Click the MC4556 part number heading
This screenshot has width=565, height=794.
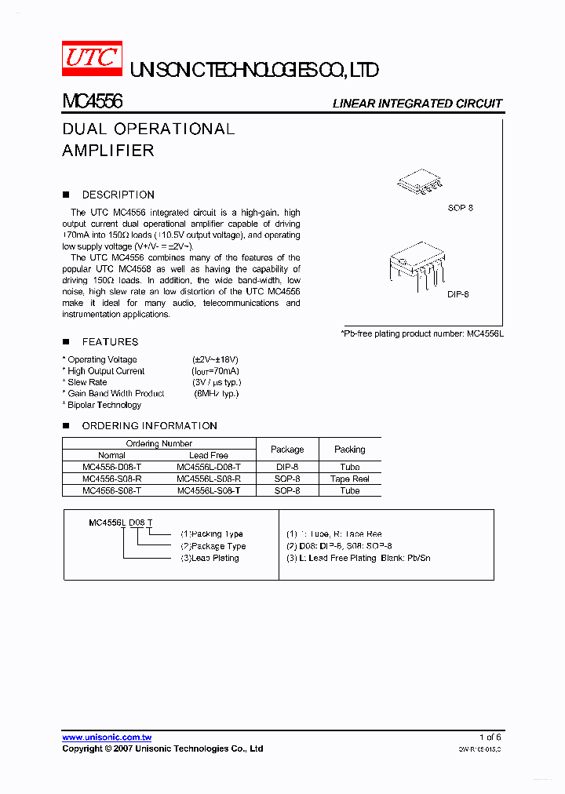pos(92,103)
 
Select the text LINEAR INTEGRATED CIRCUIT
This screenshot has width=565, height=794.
pos(417,104)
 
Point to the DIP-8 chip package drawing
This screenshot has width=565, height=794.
pos(415,264)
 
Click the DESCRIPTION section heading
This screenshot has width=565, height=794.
pos(118,195)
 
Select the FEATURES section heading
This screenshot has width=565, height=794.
pos(110,342)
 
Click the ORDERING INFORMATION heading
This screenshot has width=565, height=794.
pos(149,426)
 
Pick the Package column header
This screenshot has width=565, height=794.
pos(287,450)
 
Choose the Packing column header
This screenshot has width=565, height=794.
pos(349,450)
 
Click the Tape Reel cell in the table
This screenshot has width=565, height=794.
pos(349,479)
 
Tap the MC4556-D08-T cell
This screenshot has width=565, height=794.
pos(111,467)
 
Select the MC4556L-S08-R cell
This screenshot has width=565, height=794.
pos(209,479)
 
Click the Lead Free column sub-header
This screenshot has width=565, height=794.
pos(209,455)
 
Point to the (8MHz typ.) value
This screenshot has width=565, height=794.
pos(216,394)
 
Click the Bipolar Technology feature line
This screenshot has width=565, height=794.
pos(104,405)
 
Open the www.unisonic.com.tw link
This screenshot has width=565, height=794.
pos(107,738)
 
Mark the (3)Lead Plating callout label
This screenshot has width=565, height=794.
pos(210,558)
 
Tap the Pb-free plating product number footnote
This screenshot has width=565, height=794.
pos(421,333)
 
